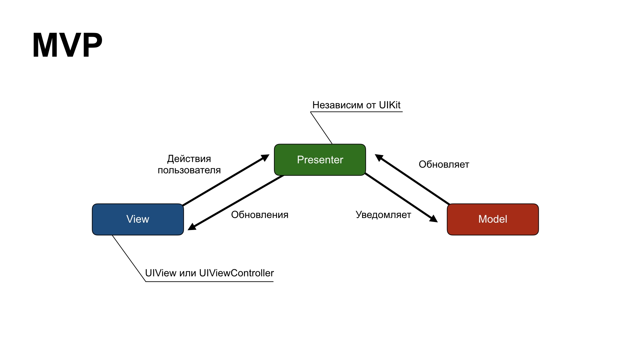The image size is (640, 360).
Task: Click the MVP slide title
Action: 67,45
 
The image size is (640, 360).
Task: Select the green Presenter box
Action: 320,160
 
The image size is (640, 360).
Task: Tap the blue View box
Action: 138,219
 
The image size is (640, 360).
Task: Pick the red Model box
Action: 493,219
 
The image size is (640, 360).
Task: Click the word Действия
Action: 189,159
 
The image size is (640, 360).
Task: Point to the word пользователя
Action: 189,170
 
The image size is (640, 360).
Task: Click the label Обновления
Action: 260,215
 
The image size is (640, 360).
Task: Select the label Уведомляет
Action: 383,215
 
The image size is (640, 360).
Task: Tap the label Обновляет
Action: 444,164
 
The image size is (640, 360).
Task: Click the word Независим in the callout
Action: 338,105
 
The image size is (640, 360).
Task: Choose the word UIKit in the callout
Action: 390,105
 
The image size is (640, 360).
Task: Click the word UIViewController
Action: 236,273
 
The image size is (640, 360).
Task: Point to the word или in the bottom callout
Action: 188,273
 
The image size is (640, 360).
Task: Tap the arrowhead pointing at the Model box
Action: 434,219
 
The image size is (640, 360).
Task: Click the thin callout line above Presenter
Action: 321,128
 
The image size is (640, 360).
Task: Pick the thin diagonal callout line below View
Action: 129,259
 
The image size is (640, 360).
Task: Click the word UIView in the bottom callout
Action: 161,273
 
